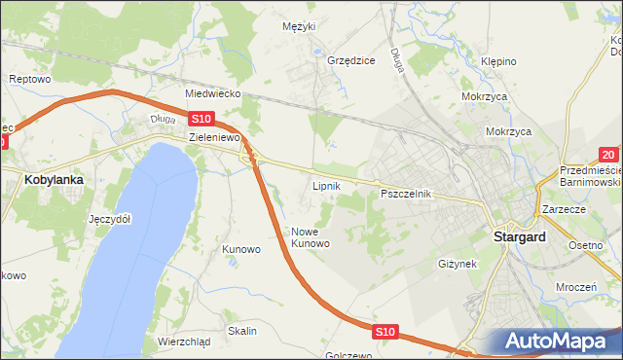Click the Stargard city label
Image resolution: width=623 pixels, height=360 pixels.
click(x=518, y=236)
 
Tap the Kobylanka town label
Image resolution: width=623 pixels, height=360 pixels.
click(x=54, y=180)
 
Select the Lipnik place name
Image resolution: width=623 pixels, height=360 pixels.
click(x=325, y=184)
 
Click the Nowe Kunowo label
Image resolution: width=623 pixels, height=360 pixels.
click(x=311, y=237)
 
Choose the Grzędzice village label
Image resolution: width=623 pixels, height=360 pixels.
click(x=351, y=60)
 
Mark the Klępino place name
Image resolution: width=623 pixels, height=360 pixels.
click(x=497, y=61)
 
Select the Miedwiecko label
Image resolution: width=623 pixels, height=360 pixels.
click(x=212, y=94)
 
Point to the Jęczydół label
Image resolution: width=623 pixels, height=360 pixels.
click(x=109, y=219)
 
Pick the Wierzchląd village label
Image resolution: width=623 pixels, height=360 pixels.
click(x=183, y=342)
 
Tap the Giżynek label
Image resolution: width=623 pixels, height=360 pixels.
click(x=457, y=264)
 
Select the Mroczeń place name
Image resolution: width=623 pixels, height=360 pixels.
click(x=576, y=288)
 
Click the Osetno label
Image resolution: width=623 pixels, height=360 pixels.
click(x=586, y=245)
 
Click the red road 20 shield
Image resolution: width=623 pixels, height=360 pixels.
click(x=608, y=155)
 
